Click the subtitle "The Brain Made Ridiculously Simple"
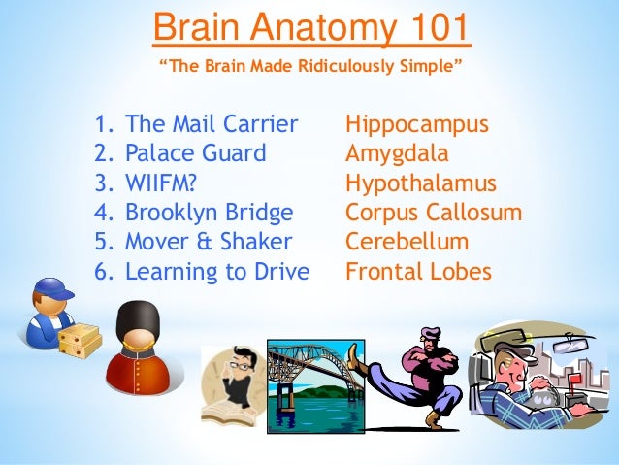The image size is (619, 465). click(x=310, y=67)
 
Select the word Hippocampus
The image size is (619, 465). click(x=417, y=126)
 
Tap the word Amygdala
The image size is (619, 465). click(x=397, y=155)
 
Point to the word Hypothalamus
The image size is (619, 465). click(x=421, y=184)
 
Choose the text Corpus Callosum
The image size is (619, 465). click(x=434, y=213)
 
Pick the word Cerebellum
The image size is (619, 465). click(x=407, y=241)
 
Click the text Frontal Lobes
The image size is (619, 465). click(x=418, y=271)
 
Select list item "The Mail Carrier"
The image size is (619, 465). click(x=197, y=126)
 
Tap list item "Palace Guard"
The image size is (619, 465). click(x=180, y=155)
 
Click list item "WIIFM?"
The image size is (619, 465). click(x=154, y=184)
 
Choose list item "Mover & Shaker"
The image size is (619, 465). click(x=195, y=241)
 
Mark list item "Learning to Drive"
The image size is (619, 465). click(x=202, y=271)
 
